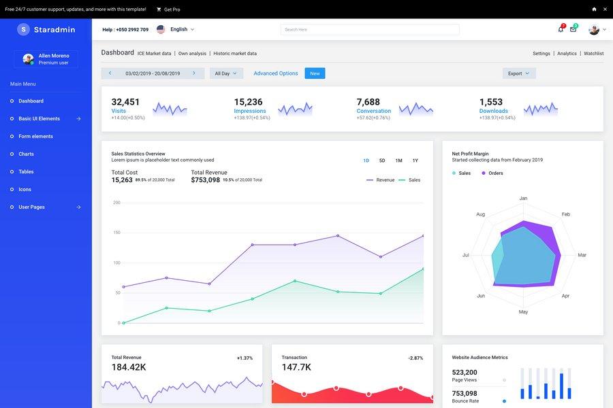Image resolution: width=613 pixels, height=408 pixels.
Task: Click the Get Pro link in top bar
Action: click(x=168, y=10)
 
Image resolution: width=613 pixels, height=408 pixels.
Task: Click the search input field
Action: click(x=370, y=30)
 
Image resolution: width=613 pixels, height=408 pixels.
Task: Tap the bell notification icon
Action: click(x=561, y=29)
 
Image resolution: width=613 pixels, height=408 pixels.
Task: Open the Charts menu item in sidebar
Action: click(x=26, y=154)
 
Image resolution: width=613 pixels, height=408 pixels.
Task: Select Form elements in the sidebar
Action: click(x=35, y=137)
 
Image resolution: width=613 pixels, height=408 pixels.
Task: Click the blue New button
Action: click(x=315, y=73)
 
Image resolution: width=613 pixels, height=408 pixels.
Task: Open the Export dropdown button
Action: click(x=519, y=73)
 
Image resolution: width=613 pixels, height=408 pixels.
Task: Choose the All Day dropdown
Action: click(x=225, y=73)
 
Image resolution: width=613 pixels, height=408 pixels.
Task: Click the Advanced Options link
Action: click(x=276, y=73)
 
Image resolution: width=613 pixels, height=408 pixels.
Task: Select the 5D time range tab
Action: click(x=382, y=161)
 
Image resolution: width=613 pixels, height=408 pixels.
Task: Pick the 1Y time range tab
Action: click(x=415, y=161)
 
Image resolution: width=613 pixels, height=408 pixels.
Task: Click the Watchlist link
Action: click(x=593, y=54)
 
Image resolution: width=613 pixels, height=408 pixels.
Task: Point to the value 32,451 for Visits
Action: click(x=125, y=102)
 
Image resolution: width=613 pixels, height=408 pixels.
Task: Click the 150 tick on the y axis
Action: click(x=117, y=233)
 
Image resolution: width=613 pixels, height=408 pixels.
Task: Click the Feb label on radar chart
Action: click(x=565, y=214)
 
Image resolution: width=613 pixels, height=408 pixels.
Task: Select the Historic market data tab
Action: click(x=235, y=54)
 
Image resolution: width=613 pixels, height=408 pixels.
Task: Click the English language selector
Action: click(x=178, y=30)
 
